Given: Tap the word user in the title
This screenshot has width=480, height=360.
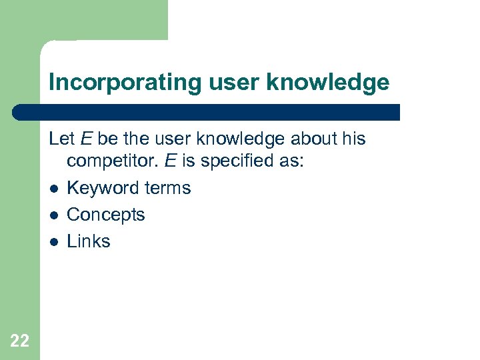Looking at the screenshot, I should pyautogui.click(x=227, y=82).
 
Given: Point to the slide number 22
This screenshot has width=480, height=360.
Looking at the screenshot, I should pyautogui.click(x=20, y=341).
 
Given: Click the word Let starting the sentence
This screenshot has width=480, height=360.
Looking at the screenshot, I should pyautogui.click(x=62, y=139).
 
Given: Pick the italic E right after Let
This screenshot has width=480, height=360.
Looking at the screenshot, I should pyautogui.click(x=87, y=139).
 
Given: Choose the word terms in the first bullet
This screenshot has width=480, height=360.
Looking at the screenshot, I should pyautogui.click(x=169, y=188).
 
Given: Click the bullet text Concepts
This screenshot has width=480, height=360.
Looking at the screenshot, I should pyautogui.click(x=106, y=215).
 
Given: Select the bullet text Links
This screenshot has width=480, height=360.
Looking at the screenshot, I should pyautogui.click(x=89, y=241).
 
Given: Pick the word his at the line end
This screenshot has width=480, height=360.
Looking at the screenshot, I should pyautogui.click(x=354, y=139).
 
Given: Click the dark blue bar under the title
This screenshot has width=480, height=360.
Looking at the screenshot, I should pyautogui.click(x=207, y=112).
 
